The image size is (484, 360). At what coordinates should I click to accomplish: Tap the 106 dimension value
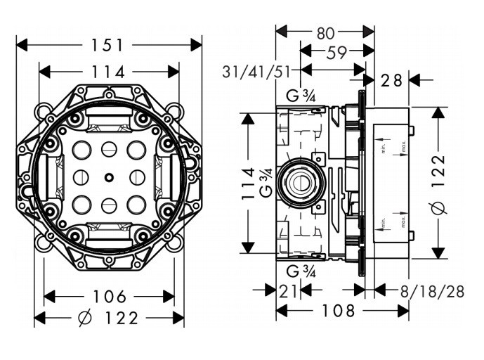109,296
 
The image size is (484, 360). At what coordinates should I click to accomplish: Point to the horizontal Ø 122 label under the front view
109,319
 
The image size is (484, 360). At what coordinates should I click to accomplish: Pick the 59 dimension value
336,52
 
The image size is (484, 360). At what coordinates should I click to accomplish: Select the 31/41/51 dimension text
257,71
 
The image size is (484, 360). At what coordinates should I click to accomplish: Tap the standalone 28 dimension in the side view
391,80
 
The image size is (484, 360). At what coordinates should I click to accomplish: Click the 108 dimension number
342,310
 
